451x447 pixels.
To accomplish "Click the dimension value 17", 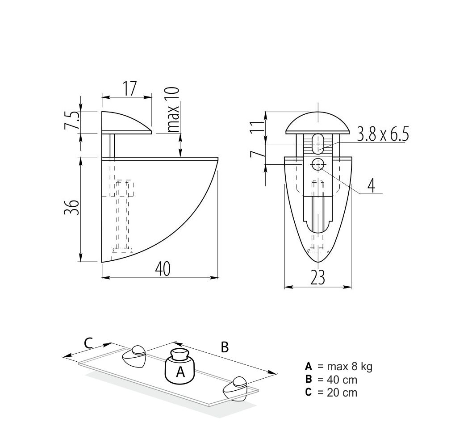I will tap(129, 88).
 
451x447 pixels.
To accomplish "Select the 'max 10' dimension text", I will tap(173, 109).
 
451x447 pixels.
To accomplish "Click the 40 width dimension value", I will tap(162, 269).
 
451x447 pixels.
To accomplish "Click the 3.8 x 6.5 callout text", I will tap(383, 134).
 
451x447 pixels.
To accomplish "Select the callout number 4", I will tap(371, 185).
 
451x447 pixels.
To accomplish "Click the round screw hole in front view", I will tap(318, 164).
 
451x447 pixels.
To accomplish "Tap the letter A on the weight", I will tap(180, 372).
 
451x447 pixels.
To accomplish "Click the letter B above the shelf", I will tap(225, 347).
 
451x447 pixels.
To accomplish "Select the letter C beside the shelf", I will tap(88, 343).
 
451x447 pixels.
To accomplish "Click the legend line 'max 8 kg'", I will tap(339, 367).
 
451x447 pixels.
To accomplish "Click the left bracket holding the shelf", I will tap(134, 357).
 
